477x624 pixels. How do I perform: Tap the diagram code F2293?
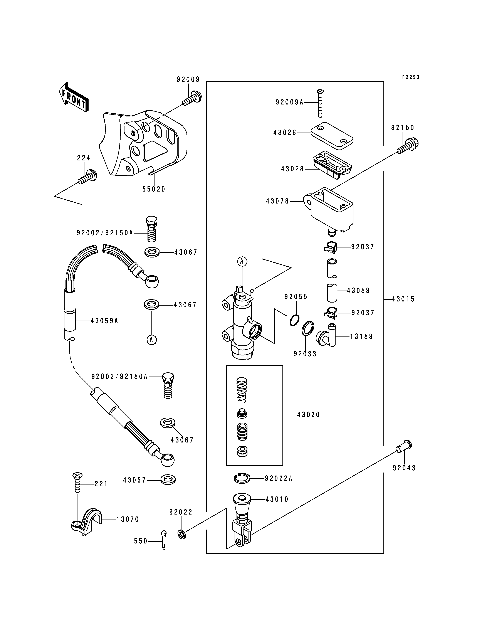point(411,77)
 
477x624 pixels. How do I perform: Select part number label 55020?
point(154,189)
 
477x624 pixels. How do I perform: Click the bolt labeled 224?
point(87,177)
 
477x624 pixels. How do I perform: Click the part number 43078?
point(277,201)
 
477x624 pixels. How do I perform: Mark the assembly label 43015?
point(403,299)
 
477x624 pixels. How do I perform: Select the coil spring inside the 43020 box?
point(242,390)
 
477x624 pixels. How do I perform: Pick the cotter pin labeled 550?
point(164,540)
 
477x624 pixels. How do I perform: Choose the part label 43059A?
point(104,321)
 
